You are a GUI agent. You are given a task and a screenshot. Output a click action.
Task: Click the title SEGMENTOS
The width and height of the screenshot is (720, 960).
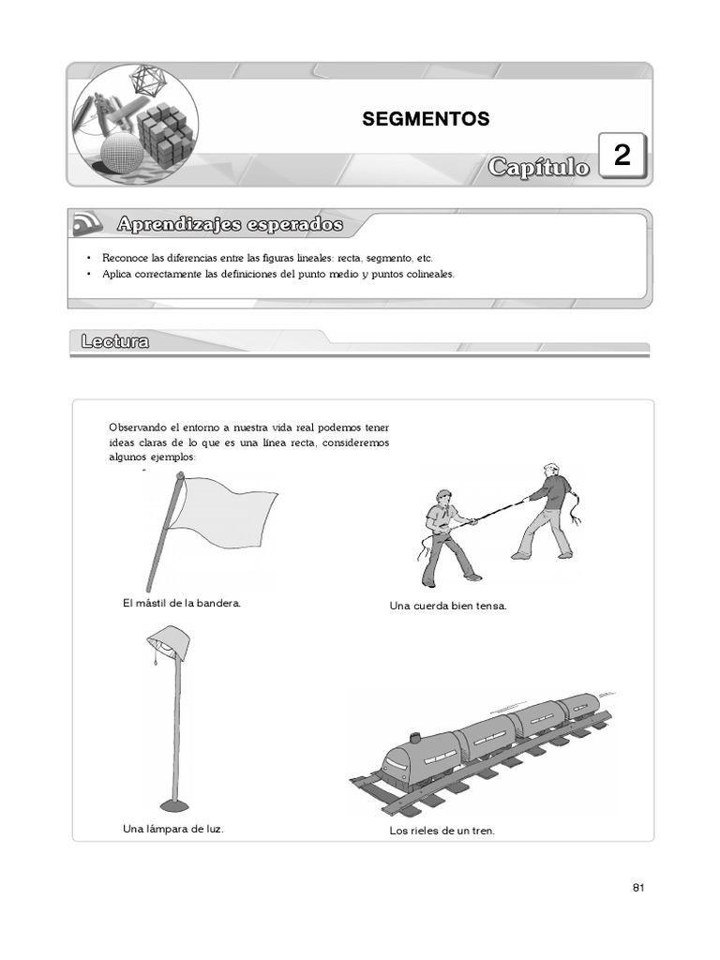[426, 119]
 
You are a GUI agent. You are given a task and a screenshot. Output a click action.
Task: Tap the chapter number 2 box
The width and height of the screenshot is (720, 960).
[622, 157]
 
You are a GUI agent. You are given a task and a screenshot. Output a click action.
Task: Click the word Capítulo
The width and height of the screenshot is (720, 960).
[539, 167]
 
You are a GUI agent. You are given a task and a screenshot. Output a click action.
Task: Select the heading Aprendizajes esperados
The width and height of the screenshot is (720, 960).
[230, 225]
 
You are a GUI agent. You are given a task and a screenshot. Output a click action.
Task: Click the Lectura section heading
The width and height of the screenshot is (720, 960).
[114, 342]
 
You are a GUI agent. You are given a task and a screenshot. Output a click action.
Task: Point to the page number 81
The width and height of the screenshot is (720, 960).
[638, 888]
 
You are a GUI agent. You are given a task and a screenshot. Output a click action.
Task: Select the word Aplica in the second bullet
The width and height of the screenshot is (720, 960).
[115, 274]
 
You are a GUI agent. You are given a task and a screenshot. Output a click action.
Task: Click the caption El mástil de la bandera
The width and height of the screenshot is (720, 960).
[182, 603]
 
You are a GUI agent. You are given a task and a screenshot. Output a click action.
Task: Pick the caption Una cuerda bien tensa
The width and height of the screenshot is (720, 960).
[448, 606]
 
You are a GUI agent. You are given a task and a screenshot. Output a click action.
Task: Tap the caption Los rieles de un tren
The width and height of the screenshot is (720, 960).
[442, 831]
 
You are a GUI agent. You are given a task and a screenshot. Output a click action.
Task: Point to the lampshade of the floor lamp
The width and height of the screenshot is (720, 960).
[170, 643]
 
